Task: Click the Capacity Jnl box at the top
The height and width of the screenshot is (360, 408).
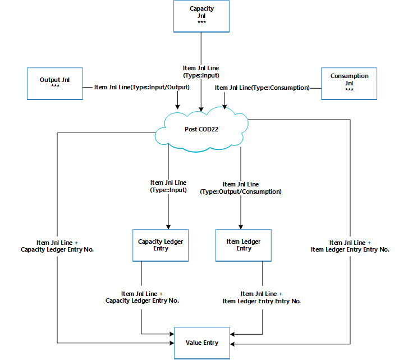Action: coord(201,16)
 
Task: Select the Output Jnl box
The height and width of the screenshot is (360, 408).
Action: coord(54,84)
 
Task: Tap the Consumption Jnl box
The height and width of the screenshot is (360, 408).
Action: coord(349,83)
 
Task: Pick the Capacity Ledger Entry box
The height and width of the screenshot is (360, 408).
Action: coord(160,245)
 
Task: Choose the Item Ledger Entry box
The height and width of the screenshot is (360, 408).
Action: coord(244,245)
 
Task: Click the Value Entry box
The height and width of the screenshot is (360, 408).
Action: coord(201,343)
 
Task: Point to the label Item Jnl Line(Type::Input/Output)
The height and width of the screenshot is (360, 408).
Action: coord(142,88)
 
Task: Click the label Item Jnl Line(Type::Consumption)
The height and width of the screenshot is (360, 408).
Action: coord(262,88)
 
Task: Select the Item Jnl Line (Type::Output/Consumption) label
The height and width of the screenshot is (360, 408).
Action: coord(241,188)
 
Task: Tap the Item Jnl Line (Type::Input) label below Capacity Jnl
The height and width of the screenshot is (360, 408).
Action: coord(201,71)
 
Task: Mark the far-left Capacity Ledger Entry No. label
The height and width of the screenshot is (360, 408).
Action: coord(57,245)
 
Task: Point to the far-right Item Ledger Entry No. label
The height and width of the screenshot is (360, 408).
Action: coord(350,245)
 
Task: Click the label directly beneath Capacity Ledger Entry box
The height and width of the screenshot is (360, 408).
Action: coord(142,297)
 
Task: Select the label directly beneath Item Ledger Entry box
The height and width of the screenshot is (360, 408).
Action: coord(262,297)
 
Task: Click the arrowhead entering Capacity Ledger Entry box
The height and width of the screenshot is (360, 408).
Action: coord(168,226)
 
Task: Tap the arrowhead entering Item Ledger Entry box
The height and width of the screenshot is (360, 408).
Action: coord(241,226)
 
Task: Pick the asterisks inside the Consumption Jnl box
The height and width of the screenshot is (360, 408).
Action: coord(349,90)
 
